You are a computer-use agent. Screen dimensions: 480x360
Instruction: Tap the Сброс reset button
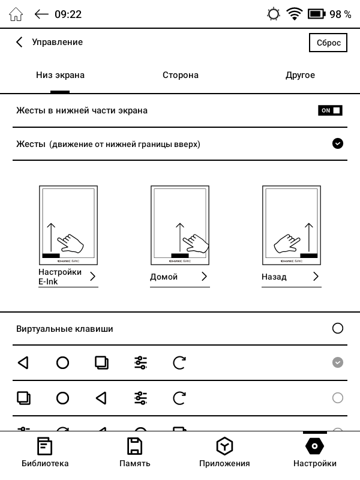[328, 43]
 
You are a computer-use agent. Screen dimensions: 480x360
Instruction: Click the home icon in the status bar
[16, 14]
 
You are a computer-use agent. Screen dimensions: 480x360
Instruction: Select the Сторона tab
[180, 75]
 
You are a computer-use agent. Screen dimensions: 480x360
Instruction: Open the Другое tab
[300, 75]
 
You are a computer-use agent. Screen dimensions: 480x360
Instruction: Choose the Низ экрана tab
[60, 75]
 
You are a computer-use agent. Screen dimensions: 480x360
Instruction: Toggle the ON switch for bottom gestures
[330, 110]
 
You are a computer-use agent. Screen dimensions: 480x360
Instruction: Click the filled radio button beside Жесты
[338, 143]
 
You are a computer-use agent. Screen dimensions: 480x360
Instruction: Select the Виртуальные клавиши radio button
[338, 328]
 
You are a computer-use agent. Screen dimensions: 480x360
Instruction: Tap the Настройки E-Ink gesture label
[60, 277]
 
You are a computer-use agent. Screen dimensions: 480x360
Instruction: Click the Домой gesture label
[164, 277]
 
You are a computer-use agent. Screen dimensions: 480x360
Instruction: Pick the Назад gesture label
[274, 277]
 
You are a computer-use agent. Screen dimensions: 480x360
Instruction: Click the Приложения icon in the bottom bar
[224, 446]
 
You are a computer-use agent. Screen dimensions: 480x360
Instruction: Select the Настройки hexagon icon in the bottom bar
[314, 446]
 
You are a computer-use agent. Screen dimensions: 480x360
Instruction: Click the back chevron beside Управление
[19, 42]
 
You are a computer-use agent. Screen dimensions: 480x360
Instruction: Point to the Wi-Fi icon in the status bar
[294, 14]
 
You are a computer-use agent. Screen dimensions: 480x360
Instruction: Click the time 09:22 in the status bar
[68, 14]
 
